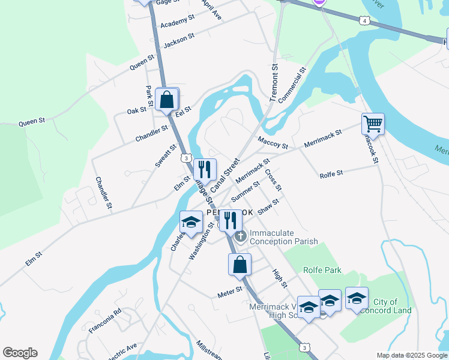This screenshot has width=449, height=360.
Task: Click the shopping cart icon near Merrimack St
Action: (x=373, y=124)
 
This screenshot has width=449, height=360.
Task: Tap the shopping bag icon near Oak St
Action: (x=167, y=100)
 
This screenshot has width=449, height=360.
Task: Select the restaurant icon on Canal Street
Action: (x=205, y=170)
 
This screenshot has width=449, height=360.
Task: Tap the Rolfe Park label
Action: (x=322, y=271)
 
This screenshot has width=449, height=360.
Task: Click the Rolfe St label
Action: (x=331, y=174)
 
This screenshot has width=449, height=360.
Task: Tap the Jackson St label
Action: (x=179, y=40)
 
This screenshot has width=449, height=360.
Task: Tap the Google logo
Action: (x=20, y=353)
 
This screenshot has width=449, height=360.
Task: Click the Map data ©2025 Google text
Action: (x=411, y=355)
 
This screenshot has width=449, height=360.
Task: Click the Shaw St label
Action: (x=268, y=207)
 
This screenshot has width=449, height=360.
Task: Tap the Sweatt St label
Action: (x=166, y=155)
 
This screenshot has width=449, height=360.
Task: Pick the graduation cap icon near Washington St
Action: (x=191, y=222)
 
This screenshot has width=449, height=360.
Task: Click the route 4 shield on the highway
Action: (x=366, y=21)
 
